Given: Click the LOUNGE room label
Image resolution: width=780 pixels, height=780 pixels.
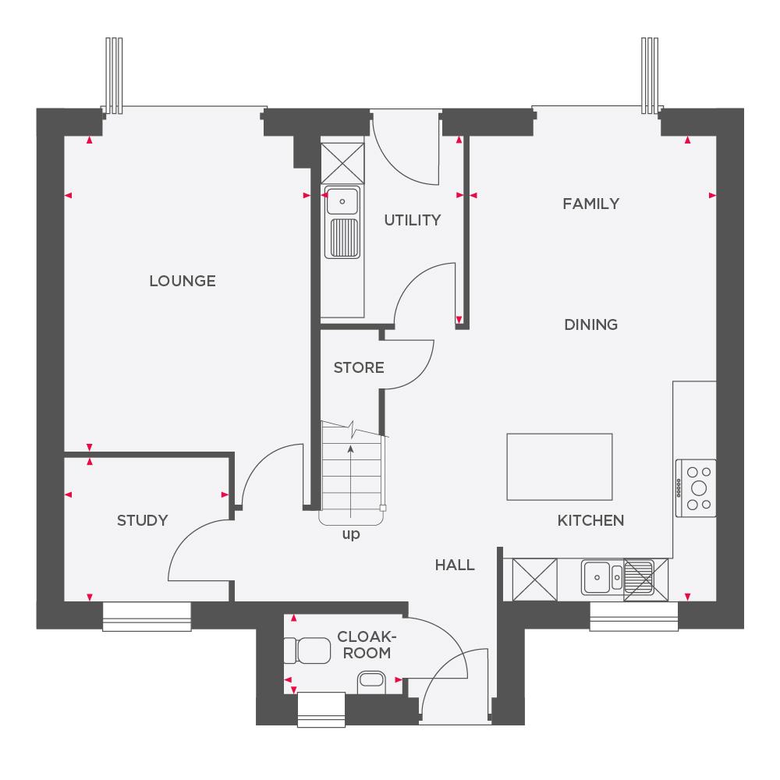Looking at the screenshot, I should pos(182,281).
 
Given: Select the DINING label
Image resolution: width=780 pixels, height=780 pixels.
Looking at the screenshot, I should pos(590,324).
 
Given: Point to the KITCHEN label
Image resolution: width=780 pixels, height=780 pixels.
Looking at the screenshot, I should pos(590,520).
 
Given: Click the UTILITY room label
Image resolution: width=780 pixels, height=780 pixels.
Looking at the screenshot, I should pos(412,221).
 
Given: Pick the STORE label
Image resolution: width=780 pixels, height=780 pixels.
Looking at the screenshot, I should pos(359,367).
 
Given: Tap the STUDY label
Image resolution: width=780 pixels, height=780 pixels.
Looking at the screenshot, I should pos(142,520).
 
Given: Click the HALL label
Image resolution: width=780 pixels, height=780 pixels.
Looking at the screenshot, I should pos(455,565).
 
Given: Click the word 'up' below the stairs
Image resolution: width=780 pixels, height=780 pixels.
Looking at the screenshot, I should pos(351,535).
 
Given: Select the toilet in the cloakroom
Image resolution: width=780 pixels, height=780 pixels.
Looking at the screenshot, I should pos(307,650).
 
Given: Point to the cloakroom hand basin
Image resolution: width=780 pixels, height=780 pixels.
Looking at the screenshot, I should pos(371,682).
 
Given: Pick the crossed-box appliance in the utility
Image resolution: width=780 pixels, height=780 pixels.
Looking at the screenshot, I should pos(343,162).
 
